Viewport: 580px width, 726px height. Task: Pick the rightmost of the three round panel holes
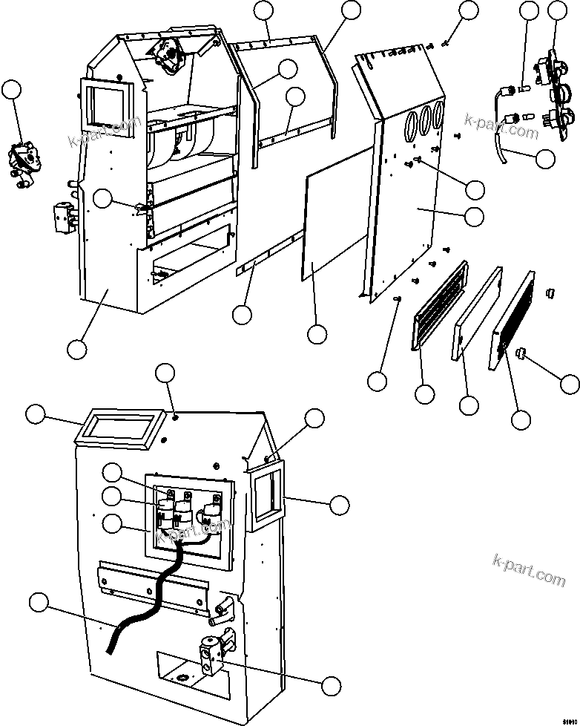click(439, 115)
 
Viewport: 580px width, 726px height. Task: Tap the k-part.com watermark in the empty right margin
click(528, 569)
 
